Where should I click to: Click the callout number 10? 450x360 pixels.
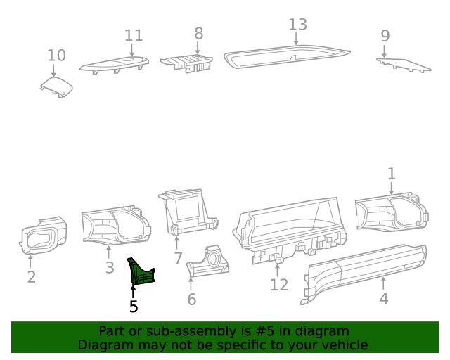(x=56, y=55)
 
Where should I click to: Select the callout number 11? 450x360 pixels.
(x=134, y=35)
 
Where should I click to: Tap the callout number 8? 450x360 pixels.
(x=198, y=32)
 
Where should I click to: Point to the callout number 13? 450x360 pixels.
(x=297, y=25)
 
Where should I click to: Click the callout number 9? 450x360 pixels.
(x=385, y=35)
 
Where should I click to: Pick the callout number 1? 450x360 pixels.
(x=392, y=173)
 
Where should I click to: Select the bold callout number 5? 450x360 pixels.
(x=134, y=307)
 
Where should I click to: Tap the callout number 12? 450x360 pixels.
(x=279, y=285)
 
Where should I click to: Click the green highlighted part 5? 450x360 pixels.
(x=139, y=272)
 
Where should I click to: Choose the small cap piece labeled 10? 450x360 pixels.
(x=56, y=87)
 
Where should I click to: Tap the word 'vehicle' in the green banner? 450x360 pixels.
(x=343, y=345)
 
